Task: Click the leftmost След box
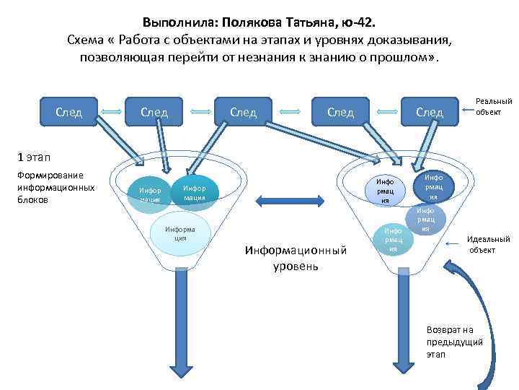(x=69, y=112)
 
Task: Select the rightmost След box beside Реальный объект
(x=430, y=112)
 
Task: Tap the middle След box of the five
(x=243, y=112)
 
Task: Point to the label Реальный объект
(x=494, y=107)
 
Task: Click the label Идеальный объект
(x=488, y=244)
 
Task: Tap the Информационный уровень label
(x=296, y=258)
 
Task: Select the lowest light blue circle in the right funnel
(x=393, y=239)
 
